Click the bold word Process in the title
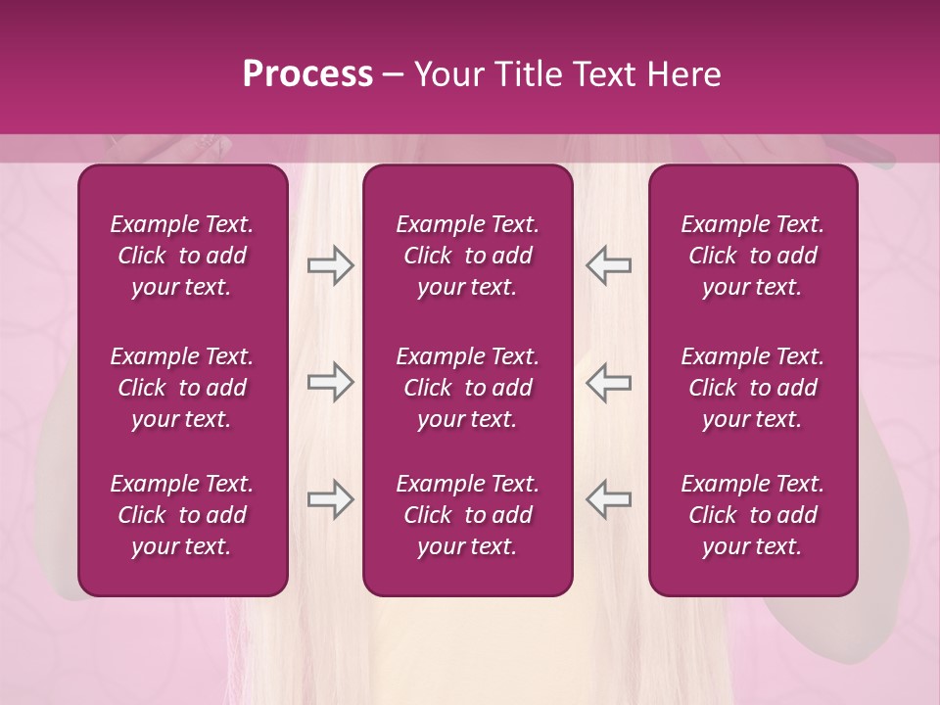coord(307,74)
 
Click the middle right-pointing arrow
coord(330,382)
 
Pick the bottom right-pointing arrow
coord(330,499)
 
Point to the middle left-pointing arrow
coord(608,382)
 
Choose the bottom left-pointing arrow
coord(608,499)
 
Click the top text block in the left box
coord(182,256)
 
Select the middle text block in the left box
coord(182,388)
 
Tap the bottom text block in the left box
coord(182,515)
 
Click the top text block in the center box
coord(468,256)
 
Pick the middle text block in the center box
coord(468,388)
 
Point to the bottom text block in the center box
coord(468,515)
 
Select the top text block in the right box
coord(753,256)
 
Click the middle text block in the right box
coord(753,388)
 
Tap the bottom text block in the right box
coord(753,515)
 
